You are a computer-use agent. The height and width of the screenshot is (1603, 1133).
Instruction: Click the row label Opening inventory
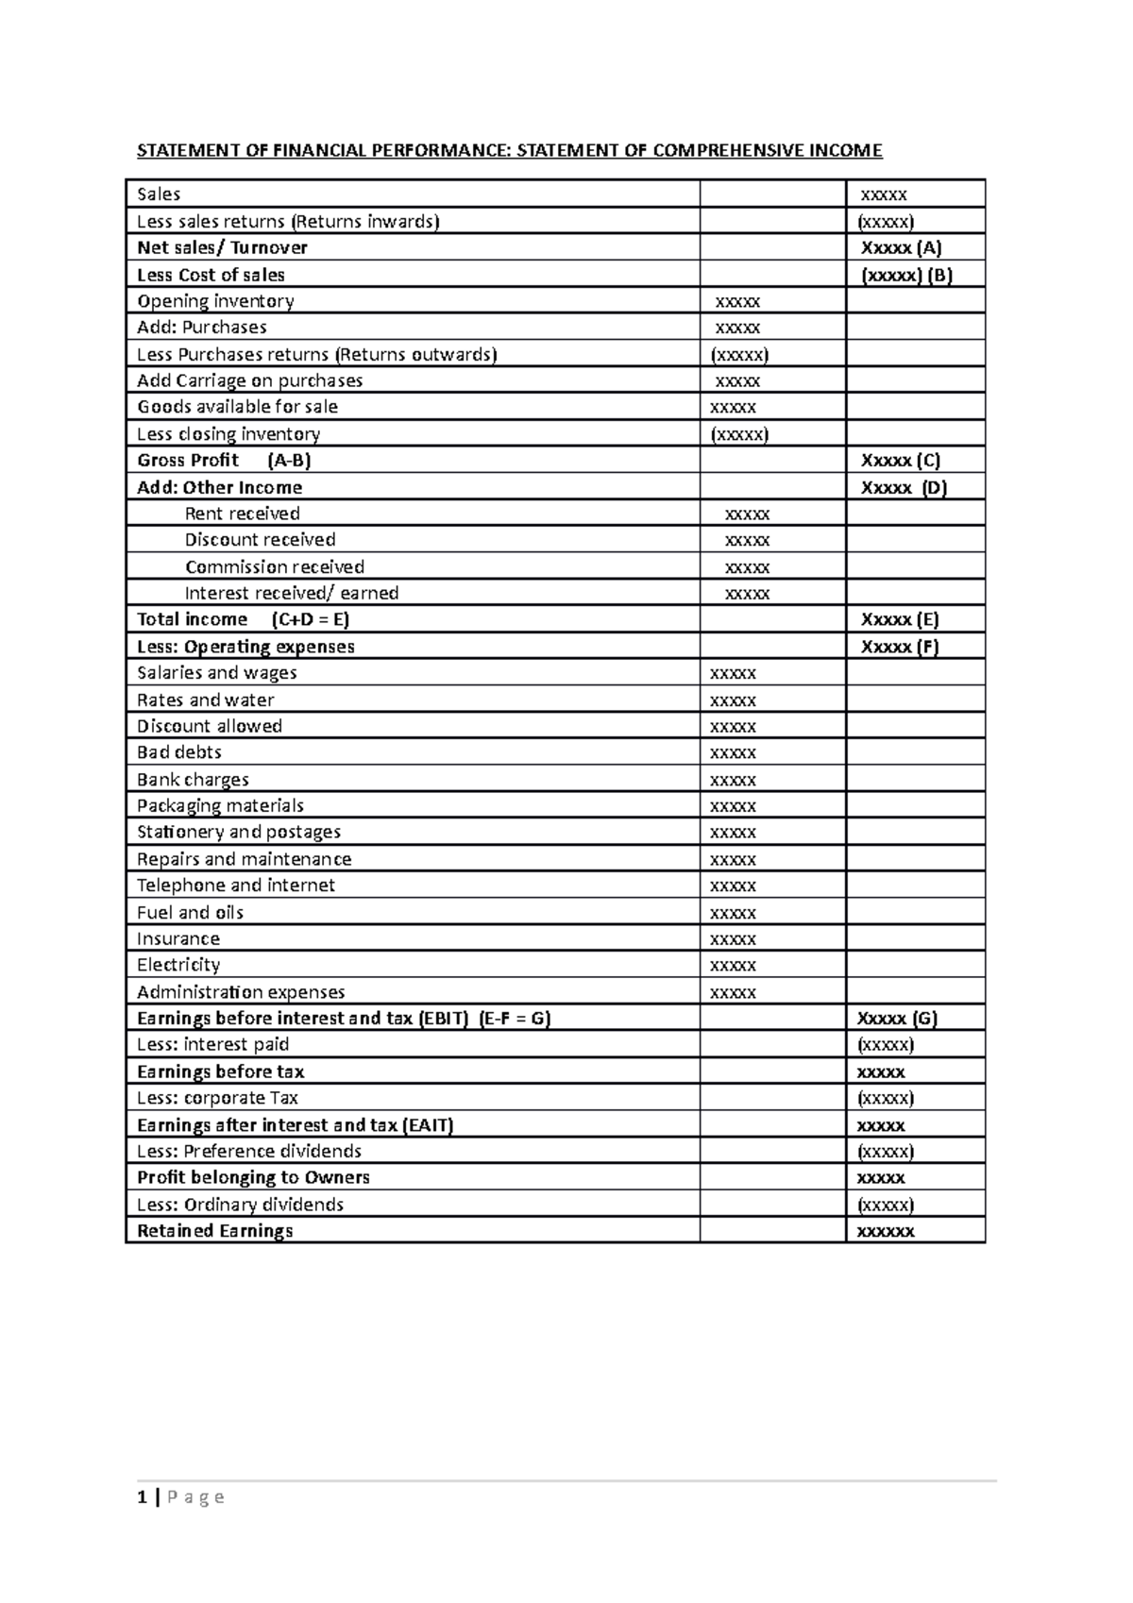[215, 301]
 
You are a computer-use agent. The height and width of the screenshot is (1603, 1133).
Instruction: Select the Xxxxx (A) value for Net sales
[901, 248]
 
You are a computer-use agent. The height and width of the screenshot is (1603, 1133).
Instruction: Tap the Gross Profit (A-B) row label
[224, 461]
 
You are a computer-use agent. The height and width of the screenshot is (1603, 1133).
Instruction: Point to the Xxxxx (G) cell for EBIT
[897, 1019]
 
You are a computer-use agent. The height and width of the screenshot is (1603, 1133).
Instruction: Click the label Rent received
[242, 514]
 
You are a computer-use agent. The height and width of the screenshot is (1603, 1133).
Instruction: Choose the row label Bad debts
[179, 752]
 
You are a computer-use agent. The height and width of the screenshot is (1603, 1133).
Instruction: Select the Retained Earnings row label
[215, 1231]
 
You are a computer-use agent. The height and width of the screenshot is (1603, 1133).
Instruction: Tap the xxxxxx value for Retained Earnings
[885, 1231]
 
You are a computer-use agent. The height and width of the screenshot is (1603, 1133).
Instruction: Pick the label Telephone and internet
[236, 886]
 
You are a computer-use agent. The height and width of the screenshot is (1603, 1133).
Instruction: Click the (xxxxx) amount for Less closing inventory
[739, 434]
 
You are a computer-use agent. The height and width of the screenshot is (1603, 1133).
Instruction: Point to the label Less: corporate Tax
[217, 1098]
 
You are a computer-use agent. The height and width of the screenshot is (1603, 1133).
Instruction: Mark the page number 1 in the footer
[142, 1497]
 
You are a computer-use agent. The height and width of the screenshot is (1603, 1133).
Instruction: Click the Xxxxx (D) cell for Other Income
[904, 488]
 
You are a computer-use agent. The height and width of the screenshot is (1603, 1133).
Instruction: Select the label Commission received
[275, 567]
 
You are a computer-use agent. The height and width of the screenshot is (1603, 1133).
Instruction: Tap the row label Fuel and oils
[190, 913]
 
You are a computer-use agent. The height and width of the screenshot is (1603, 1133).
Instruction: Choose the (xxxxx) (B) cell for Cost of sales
[906, 275]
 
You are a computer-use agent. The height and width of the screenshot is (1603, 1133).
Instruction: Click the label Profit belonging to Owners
[253, 1177]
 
